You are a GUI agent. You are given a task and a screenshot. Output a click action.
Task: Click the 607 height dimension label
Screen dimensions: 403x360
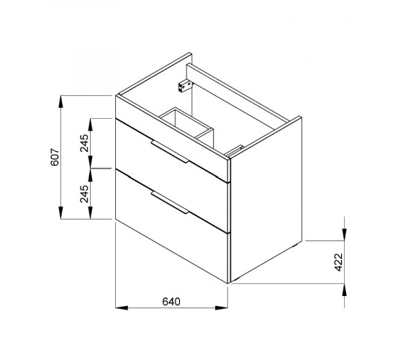[x=55, y=157]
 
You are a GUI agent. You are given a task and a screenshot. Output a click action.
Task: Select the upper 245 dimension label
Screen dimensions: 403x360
[x=84, y=143]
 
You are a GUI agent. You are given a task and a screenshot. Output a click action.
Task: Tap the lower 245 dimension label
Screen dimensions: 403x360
[x=84, y=194]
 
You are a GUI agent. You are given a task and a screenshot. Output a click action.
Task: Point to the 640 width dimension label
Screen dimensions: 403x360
[x=171, y=302]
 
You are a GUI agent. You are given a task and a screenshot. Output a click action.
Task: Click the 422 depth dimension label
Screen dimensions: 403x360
[x=339, y=262]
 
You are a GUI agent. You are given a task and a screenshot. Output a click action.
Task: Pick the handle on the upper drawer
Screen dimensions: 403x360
[x=170, y=152]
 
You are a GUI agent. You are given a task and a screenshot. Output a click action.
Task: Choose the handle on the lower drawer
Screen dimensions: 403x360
[x=170, y=202]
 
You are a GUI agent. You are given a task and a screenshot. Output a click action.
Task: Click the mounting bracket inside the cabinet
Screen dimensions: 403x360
[x=185, y=86]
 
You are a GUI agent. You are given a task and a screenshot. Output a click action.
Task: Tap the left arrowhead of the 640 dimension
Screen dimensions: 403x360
[x=122, y=307]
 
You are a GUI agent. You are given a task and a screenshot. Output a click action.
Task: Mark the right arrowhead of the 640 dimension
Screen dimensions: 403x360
[x=222, y=307]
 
